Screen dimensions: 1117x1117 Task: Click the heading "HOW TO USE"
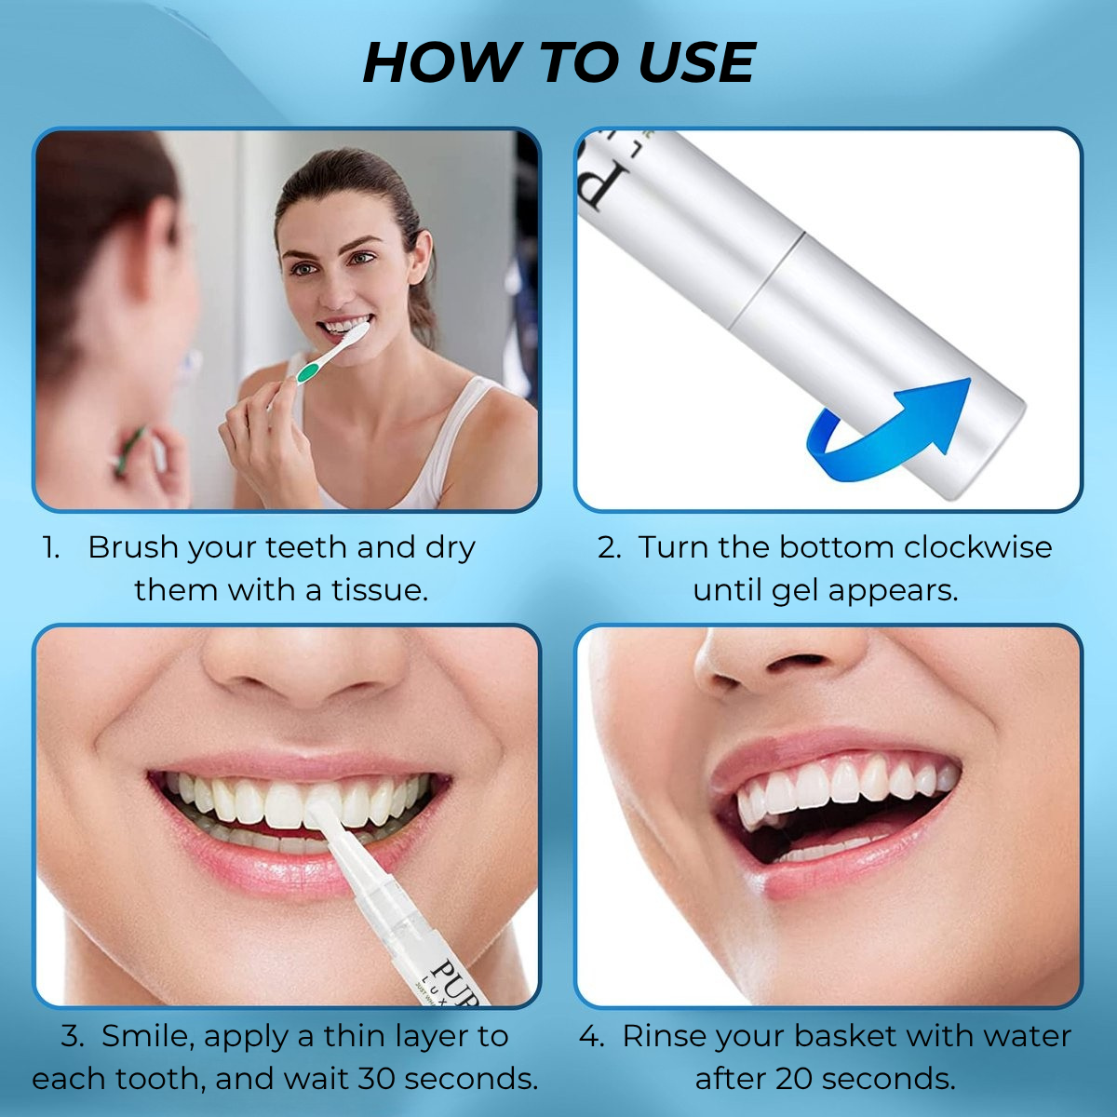[558, 63]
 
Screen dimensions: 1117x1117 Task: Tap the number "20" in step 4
[795, 1079]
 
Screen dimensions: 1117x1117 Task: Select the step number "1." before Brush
[51, 547]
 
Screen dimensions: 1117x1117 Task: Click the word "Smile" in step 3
[145, 1036]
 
